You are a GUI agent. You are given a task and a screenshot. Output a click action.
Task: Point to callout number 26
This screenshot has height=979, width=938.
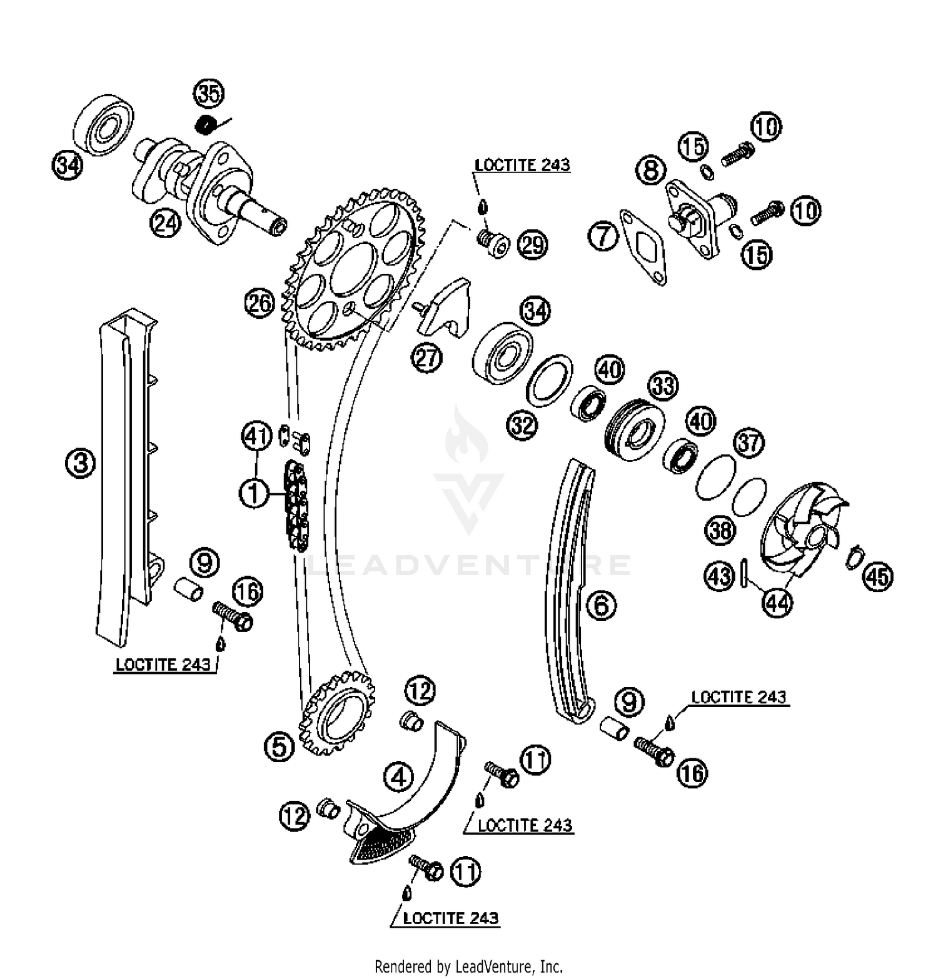[x=260, y=304]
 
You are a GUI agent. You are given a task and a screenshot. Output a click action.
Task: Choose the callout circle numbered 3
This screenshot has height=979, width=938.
[x=81, y=463]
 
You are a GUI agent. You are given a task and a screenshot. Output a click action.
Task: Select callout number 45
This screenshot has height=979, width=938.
[x=877, y=576]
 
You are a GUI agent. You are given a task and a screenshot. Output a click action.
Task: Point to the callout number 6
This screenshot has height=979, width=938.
[x=601, y=605]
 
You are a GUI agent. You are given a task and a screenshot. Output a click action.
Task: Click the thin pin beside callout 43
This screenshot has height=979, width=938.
[x=744, y=573]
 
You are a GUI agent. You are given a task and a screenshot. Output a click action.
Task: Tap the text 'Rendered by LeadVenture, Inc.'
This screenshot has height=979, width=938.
[x=468, y=966]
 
